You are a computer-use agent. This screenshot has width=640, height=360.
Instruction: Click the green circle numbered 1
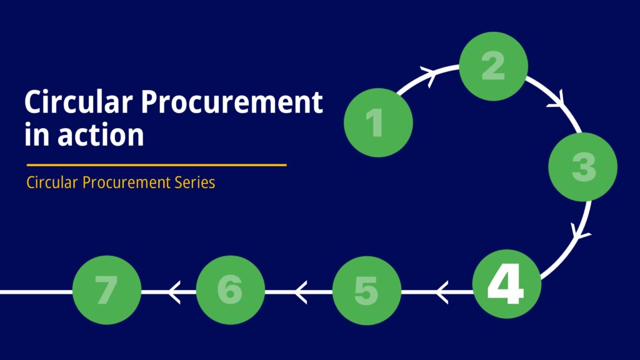pos(378,122)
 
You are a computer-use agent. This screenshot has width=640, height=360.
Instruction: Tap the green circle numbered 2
pos(494,66)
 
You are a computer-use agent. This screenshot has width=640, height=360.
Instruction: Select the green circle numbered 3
pos(583,167)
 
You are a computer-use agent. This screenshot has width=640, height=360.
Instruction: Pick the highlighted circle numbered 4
pos(507,284)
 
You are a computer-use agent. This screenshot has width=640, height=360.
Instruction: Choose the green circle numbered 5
pos(366,291)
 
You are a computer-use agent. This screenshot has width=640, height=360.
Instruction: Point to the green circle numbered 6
pos(230,290)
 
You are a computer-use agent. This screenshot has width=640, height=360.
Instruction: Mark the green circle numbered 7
pos(107,290)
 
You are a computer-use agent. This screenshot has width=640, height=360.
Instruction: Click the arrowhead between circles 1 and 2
pos(429,75)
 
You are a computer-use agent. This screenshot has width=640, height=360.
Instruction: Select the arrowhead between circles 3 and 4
pos(579,232)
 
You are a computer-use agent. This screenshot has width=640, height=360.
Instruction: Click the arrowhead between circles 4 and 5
pos(442,292)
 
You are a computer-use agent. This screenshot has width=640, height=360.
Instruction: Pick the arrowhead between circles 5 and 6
pos(301,292)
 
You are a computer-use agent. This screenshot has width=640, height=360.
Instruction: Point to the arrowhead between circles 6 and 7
pos(174,292)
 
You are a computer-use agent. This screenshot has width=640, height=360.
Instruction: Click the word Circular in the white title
pos(78,101)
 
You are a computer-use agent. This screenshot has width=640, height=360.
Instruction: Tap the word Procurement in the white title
pos(232,102)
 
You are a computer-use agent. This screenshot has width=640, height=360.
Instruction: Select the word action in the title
pos(101,135)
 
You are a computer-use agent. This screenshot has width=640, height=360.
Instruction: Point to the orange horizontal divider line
pos(157,165)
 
